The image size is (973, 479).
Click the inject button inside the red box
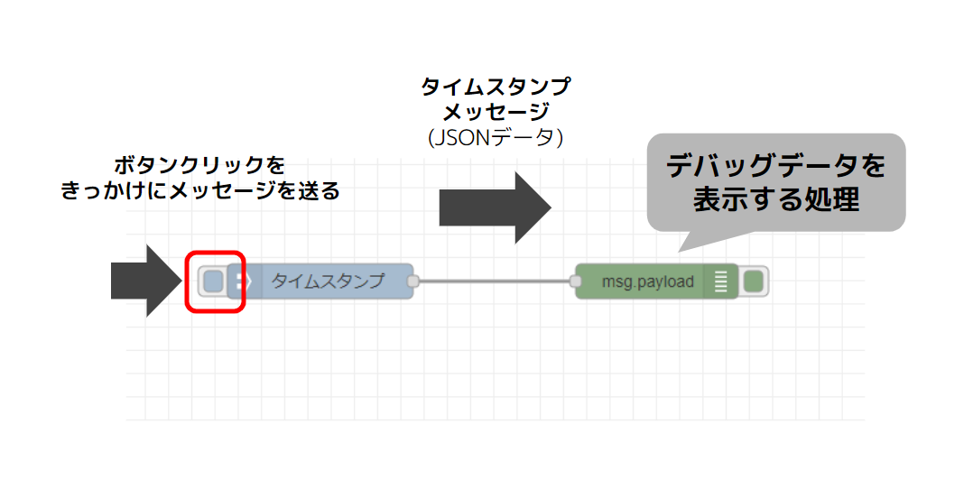(x=213, y=281)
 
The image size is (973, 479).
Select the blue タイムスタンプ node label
(x=328, y=281)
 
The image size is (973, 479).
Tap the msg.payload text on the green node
(x=648, y=281)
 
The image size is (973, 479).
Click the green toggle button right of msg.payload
(x=754, y=281)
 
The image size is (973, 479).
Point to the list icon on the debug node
(x=720, y=281)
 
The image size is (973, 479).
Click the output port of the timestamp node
(x=413, y=281)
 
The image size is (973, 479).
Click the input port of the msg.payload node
(x=575, y=281)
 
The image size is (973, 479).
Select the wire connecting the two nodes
(x=494, y=281)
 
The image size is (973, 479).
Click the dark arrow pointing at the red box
(x=144, y=281)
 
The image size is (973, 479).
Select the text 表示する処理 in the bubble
(x=775, y=200)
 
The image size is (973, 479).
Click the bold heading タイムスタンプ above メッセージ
(x=496, y=88)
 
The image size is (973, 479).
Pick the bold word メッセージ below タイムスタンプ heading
(x=496, y=113)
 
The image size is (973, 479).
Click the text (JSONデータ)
(x=496, y=138)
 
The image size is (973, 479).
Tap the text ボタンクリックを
(x=199, y=166)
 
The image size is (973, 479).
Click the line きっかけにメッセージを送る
(x=199, y=191)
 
